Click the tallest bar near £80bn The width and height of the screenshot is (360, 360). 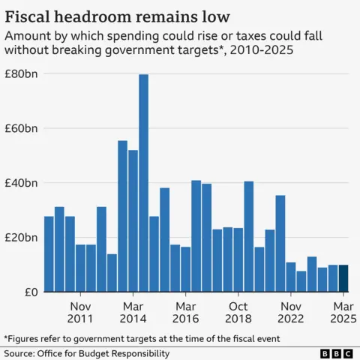(143, 183)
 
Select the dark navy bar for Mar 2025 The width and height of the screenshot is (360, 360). (343, 278)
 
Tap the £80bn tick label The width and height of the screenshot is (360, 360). (22, 74)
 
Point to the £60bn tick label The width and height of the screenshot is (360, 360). (22, 128)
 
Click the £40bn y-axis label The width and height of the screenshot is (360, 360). (22, 183)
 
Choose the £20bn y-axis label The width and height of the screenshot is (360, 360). (22, 238)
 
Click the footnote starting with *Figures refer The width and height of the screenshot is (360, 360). (142, 338)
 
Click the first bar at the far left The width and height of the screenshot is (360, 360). (49, 254)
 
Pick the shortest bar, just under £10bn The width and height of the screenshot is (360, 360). (301, 281)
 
